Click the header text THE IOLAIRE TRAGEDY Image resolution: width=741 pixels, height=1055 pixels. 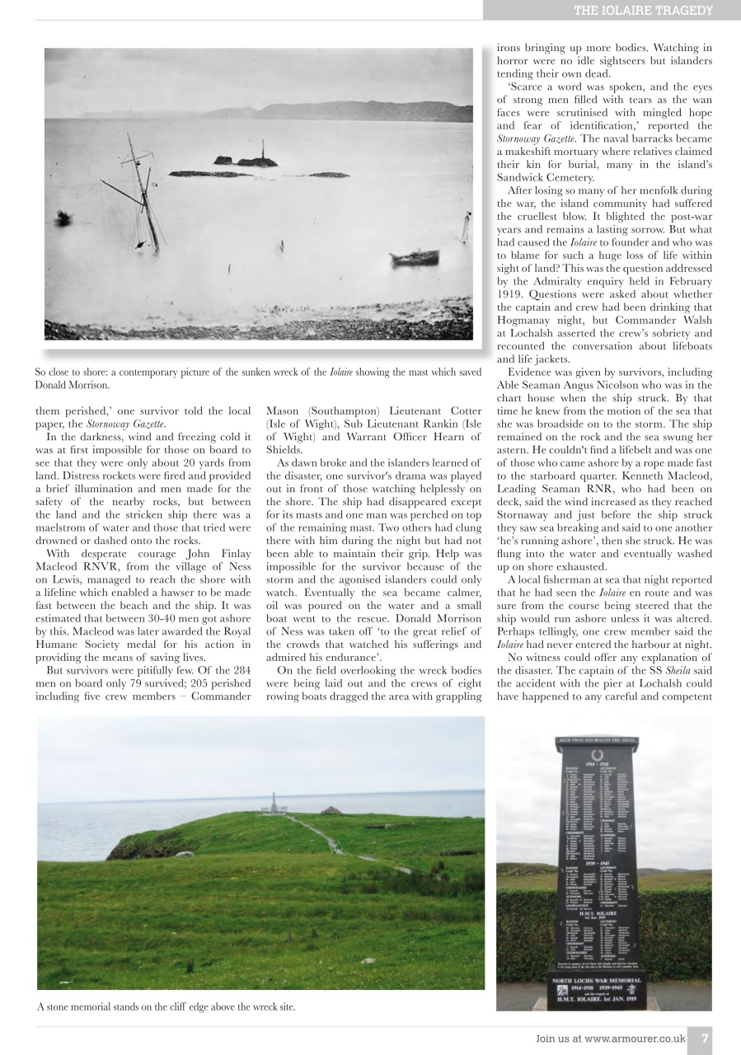point(643,10)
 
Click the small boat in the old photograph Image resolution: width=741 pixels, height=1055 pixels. point(414,259)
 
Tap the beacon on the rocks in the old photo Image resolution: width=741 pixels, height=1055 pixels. point(263,153)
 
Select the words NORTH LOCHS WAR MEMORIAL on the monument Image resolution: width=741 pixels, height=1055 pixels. point(603,981)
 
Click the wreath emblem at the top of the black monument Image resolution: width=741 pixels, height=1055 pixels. point(598,755)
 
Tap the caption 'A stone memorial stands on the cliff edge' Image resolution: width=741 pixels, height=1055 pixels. point(166,1006)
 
